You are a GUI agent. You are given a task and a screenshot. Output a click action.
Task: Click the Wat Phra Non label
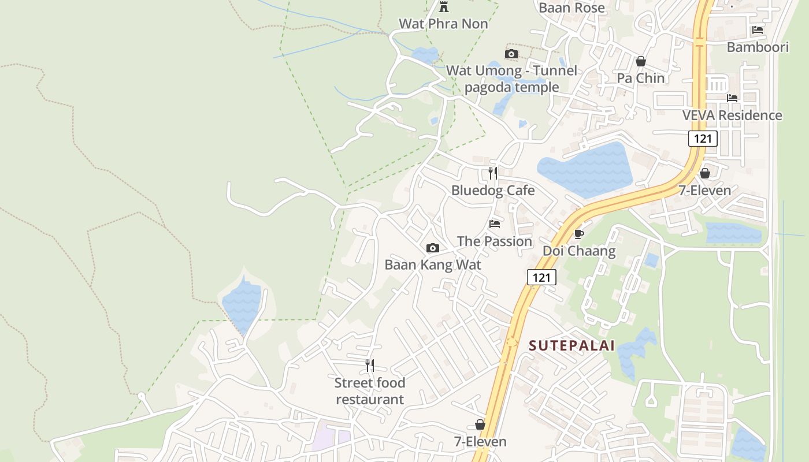443,24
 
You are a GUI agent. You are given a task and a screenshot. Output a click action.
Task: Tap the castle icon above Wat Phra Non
444,7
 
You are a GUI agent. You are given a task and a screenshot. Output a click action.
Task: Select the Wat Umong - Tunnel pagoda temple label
511,79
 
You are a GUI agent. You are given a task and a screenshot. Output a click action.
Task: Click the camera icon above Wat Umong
511,54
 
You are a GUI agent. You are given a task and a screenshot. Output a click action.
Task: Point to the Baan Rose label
572,8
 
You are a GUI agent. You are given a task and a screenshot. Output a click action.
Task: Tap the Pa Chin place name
640,78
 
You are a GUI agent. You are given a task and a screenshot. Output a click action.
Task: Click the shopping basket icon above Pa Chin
640,61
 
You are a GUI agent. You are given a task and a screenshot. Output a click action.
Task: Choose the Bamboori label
758,47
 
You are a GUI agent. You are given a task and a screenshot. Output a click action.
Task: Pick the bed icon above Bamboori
758,30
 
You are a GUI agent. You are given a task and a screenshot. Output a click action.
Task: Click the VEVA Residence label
732,115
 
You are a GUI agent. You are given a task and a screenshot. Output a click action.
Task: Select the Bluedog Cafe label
493,190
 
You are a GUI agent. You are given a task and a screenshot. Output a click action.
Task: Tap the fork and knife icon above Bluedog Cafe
492,173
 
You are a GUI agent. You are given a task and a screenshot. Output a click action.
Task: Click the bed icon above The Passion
494,223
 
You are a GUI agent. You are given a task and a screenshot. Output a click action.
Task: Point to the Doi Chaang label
578,251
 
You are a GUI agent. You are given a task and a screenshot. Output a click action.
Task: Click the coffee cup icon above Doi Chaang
578,234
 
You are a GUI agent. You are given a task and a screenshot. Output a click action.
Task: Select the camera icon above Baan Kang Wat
432,248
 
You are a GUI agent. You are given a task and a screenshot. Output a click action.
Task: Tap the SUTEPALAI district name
572,346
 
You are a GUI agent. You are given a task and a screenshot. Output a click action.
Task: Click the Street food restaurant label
370,390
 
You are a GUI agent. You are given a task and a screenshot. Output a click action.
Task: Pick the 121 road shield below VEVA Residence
703,139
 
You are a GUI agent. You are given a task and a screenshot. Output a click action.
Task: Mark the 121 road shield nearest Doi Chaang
541,277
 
